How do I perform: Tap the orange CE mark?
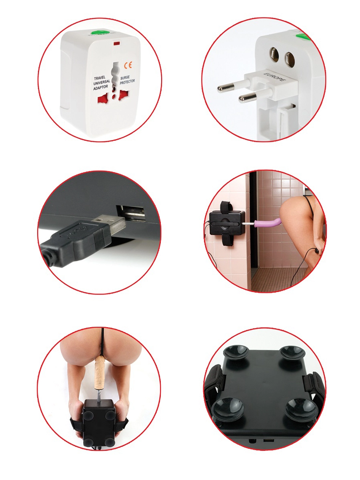coord(128,65)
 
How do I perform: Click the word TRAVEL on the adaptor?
coord(100,78)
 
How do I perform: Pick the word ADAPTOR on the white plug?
coord(100,88)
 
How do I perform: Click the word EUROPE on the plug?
coord(275,77)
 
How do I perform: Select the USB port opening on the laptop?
coord(130,212)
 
